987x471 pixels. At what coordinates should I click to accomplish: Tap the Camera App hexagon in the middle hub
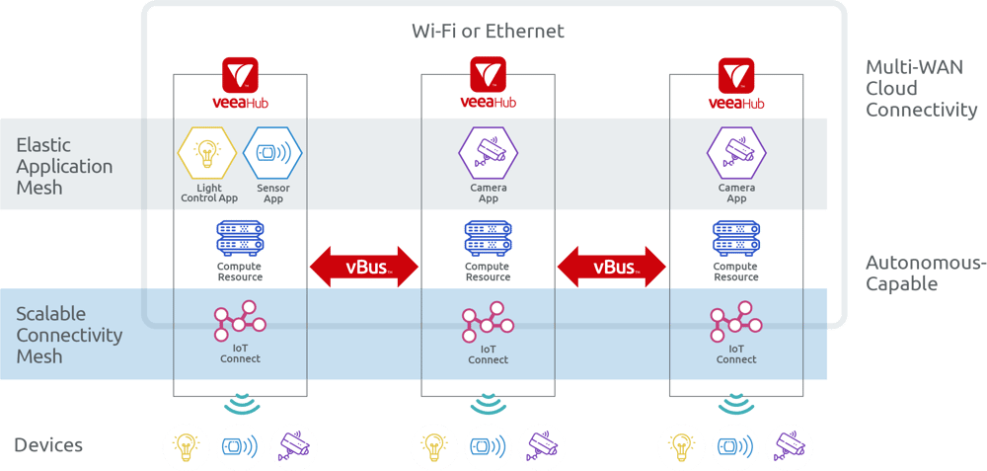(x=488, y=153)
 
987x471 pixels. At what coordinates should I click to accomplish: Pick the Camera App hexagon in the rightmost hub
(x=736, y=153)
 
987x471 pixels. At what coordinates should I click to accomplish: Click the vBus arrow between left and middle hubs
(x=364, y=268)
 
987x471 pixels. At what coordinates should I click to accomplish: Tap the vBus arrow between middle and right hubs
(x=612, y=268)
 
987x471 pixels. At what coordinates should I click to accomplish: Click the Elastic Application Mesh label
(x=64, y=166)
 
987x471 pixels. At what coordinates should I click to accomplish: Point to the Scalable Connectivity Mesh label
(x=69, y=335)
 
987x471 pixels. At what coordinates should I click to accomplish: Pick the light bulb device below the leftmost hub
(x=185, y=445)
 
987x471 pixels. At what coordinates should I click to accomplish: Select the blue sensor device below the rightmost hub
(x=736, y=445)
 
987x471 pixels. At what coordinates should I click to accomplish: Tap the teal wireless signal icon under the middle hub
(x=488, y=404)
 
